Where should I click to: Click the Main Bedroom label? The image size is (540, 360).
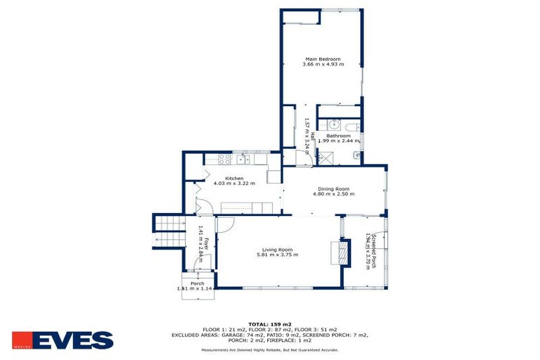coord(323,58)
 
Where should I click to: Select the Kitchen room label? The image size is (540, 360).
coord(234,178)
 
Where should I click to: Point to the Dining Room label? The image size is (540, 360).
coord(333,188)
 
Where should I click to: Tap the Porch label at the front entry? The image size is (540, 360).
coord(197,283)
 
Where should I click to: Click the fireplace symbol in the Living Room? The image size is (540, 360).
coord(344,252)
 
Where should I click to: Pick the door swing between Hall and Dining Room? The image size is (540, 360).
coord(302,159)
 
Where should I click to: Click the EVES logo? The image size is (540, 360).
coord(63,340)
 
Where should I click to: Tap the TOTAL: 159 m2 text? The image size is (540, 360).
coord(269,323)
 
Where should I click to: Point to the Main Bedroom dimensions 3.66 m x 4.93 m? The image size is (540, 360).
coord(323,65)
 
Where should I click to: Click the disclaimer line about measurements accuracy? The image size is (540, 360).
coord(269,349)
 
